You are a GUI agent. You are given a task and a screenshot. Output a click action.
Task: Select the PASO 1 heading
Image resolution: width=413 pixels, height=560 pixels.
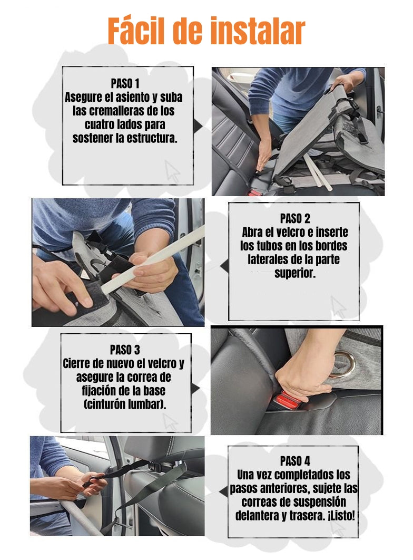tap(125, 83)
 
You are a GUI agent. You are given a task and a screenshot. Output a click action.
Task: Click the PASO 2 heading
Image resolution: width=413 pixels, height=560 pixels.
tap(294, 218)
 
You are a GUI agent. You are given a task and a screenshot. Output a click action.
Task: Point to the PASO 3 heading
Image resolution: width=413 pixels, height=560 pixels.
tap(125, 350)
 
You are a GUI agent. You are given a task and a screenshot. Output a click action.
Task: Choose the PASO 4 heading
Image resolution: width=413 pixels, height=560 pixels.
tap(294, 461)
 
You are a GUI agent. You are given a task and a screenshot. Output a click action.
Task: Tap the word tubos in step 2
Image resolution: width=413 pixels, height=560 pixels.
tap(271, 246)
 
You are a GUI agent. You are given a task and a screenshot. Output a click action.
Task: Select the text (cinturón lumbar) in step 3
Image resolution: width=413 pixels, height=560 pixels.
tap(125, 404)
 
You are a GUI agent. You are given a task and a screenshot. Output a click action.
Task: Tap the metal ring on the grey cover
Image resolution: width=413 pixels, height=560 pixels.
tap(341, 363)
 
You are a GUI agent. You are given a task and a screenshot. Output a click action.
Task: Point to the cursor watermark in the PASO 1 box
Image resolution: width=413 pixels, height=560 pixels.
tap(172, 171)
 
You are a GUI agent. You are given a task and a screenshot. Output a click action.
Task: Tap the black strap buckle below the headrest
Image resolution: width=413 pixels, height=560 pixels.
tap(156, 466)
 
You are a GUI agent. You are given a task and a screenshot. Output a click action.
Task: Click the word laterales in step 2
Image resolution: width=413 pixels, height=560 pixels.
tap(267, 259)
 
